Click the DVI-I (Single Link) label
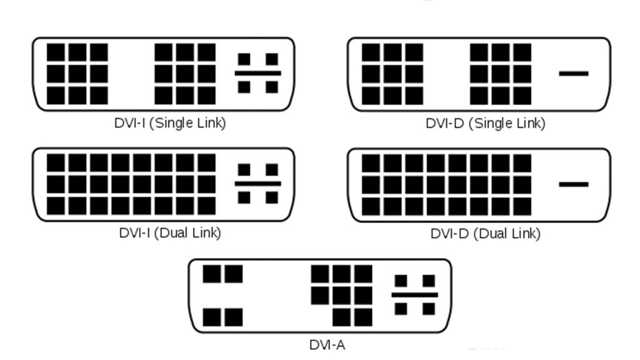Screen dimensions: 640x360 point(170,123)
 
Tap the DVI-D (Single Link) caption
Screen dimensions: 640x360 point(485,123)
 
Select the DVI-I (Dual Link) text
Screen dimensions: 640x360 point(170,233)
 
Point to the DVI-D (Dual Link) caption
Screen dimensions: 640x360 point(485,234)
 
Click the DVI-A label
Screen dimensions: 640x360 point(327,345)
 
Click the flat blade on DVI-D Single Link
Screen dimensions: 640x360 point(574,74)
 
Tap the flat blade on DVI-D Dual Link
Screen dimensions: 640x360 point(574,184)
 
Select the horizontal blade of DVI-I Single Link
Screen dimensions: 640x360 point(258,74)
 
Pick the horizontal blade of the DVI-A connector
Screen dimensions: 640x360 point(415,295)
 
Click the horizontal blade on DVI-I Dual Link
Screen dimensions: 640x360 point(258,184)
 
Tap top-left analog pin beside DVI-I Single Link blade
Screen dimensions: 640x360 point(244,59)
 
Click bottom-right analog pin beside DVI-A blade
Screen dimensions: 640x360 point(429,309)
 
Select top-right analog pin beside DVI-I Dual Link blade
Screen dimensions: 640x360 point(272,170)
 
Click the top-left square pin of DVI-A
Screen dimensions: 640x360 point(212,274)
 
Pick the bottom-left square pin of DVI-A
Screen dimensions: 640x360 point(212,317)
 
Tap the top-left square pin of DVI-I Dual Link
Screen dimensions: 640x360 point(56,163)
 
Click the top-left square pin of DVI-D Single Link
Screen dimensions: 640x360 point(371,52)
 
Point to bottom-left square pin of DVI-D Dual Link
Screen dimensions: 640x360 point(371,206)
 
